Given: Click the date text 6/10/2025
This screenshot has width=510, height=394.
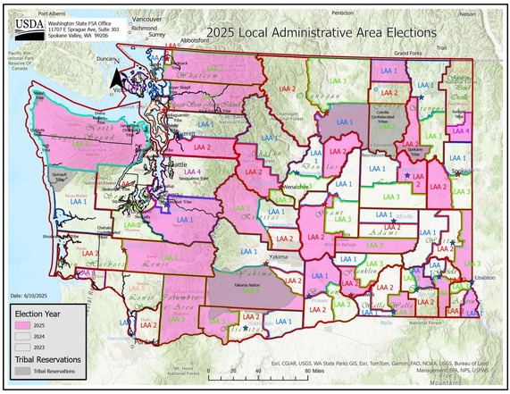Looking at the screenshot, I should (32, 295).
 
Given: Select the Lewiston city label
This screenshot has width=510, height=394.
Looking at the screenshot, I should (486, 278).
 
